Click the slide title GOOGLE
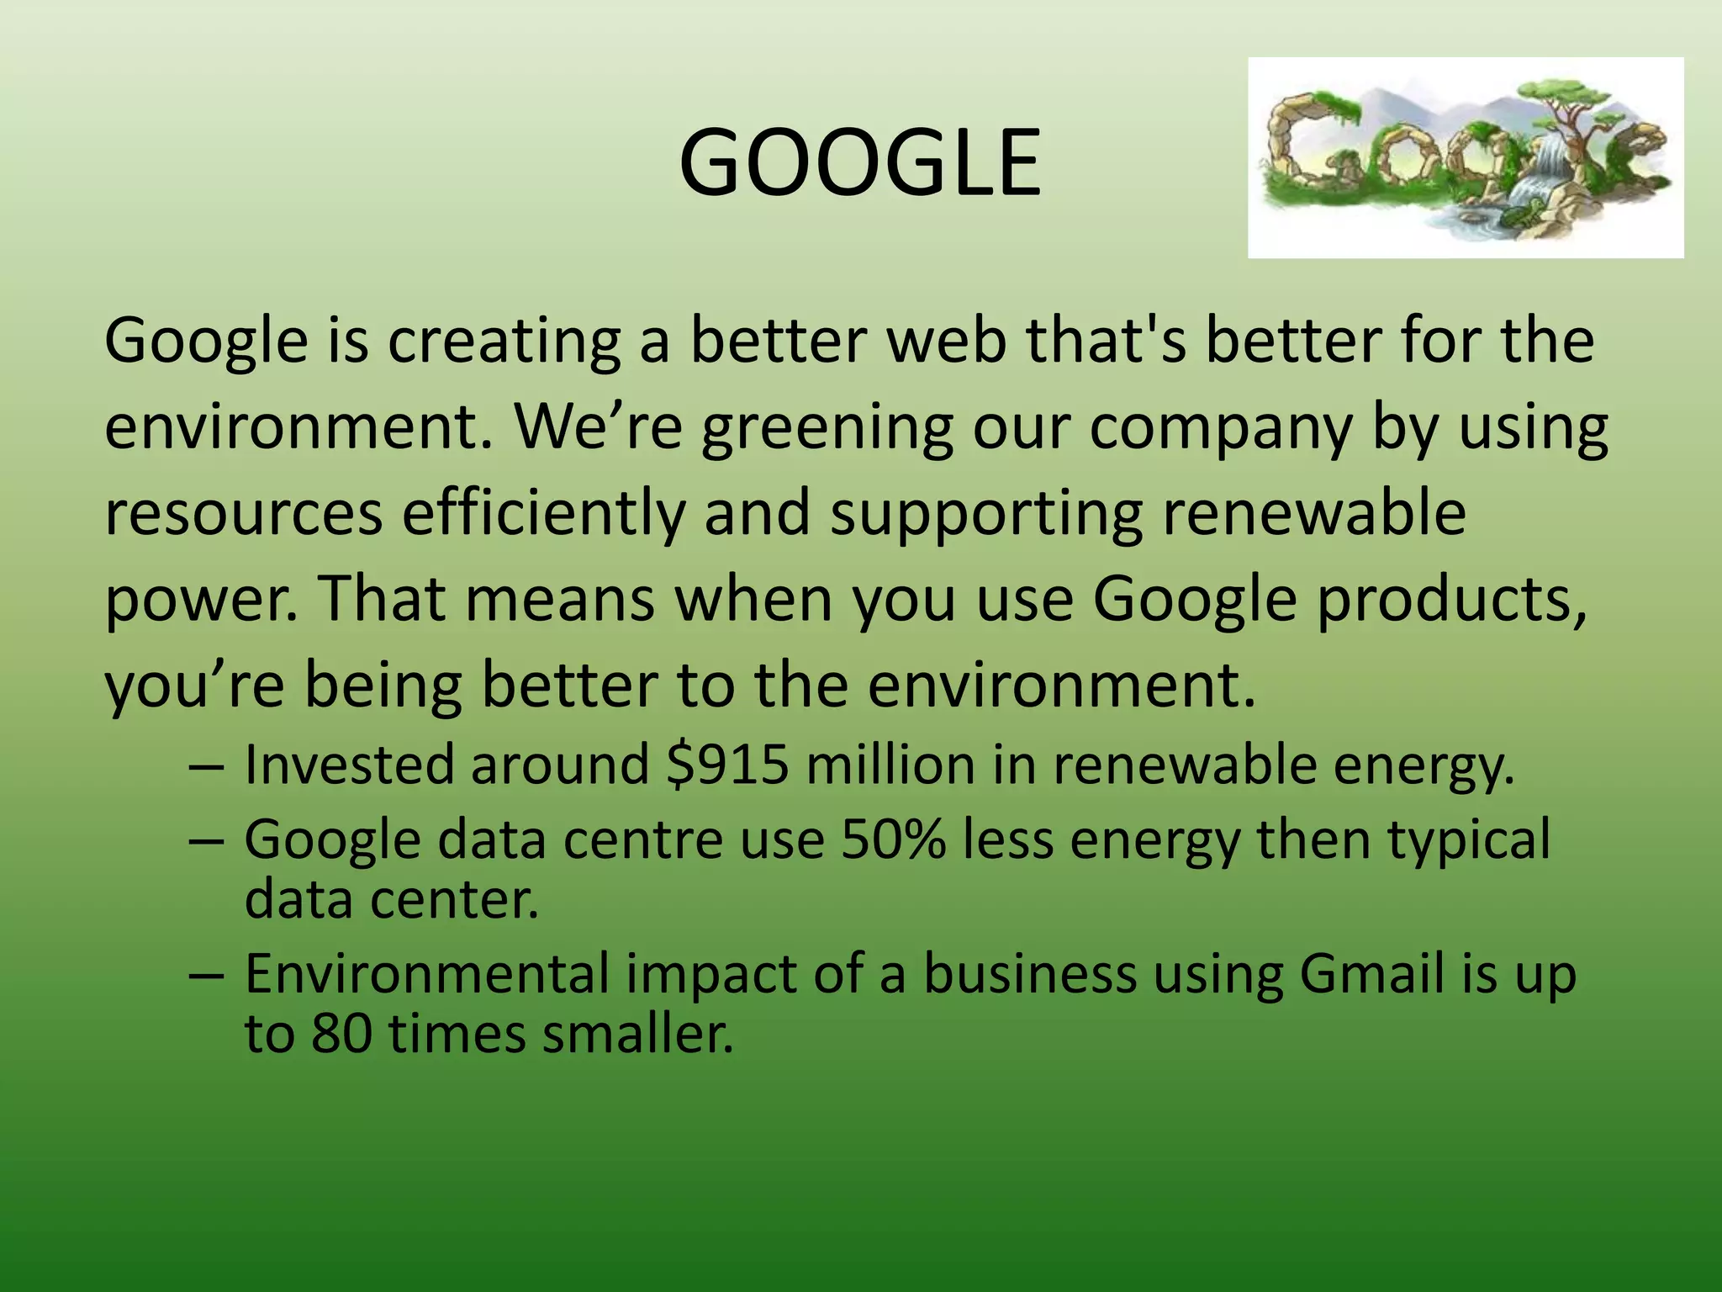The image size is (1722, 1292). click(859, 162)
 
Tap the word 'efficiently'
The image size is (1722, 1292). click(543, 515)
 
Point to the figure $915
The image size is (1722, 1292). click(727, 765)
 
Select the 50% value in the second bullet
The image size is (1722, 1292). click(893, 839)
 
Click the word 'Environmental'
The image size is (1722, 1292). click(427, 974)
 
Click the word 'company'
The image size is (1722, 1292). click(1221, 429)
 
